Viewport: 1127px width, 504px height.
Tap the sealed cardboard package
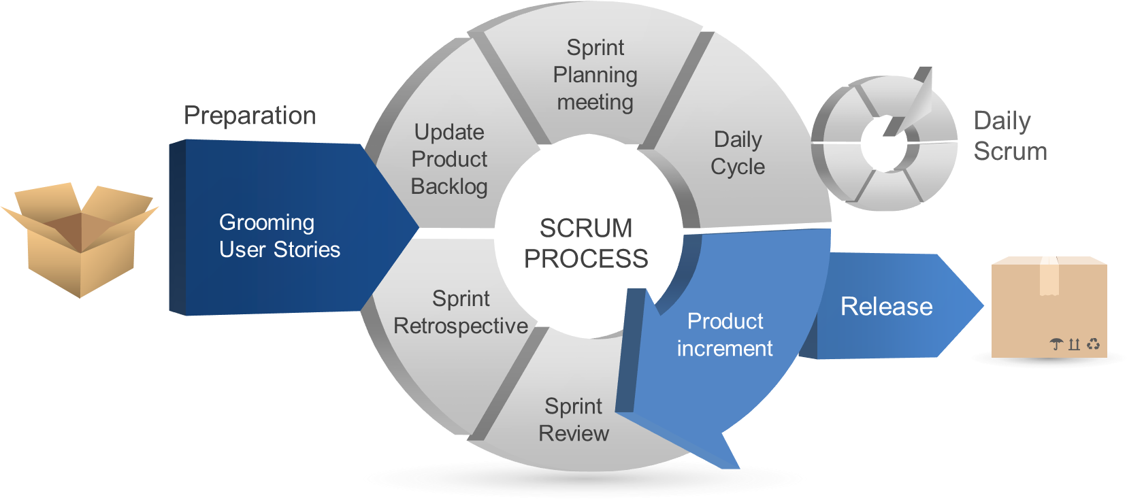coord(1049,307)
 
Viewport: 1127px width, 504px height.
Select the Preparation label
coord(250,116)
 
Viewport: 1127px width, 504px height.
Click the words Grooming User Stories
coord(280,236)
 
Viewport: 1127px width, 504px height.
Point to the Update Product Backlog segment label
coord(448,159)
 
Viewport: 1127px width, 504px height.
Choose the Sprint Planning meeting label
coord(595,75)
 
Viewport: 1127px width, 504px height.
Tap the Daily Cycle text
coord(738,153)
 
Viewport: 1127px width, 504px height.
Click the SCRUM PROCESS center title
coord(586,243)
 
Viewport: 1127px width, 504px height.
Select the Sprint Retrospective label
coord(460,312)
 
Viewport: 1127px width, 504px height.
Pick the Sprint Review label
coord(574,420)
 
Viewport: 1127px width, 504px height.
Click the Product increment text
coord(725,335)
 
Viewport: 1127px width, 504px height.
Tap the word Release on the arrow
coord(887,306)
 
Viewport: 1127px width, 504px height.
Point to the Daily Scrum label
coord(1010,136)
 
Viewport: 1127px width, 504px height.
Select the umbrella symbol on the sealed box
coord(1056,344)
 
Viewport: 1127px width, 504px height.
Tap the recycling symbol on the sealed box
coord(1093,344)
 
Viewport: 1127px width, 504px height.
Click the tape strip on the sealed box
coord(1049,275)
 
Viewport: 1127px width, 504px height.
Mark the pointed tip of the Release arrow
coord(983,305)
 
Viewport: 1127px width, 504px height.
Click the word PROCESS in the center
coord(586,258)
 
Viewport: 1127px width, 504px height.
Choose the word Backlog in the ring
coord(448,186)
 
